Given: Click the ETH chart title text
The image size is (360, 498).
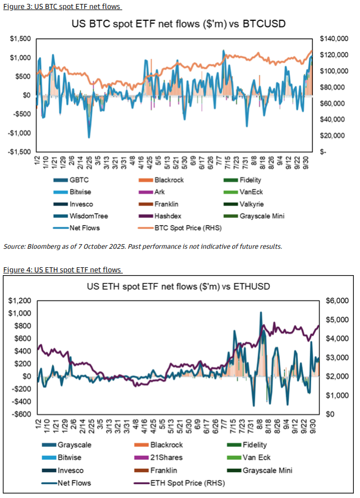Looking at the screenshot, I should pyautogui.click(x=179, y=286).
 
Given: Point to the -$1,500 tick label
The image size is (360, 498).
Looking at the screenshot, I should pyautogui.click(x=18, y=152).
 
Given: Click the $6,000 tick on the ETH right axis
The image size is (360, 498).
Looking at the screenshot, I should pyautogui.click(x=331, y=301).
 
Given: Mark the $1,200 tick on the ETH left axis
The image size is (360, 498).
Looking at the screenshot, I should pyautogui.click(x=19, y=301).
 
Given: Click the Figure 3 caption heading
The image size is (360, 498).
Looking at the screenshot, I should pyautogui.click(x=62, y=6).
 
